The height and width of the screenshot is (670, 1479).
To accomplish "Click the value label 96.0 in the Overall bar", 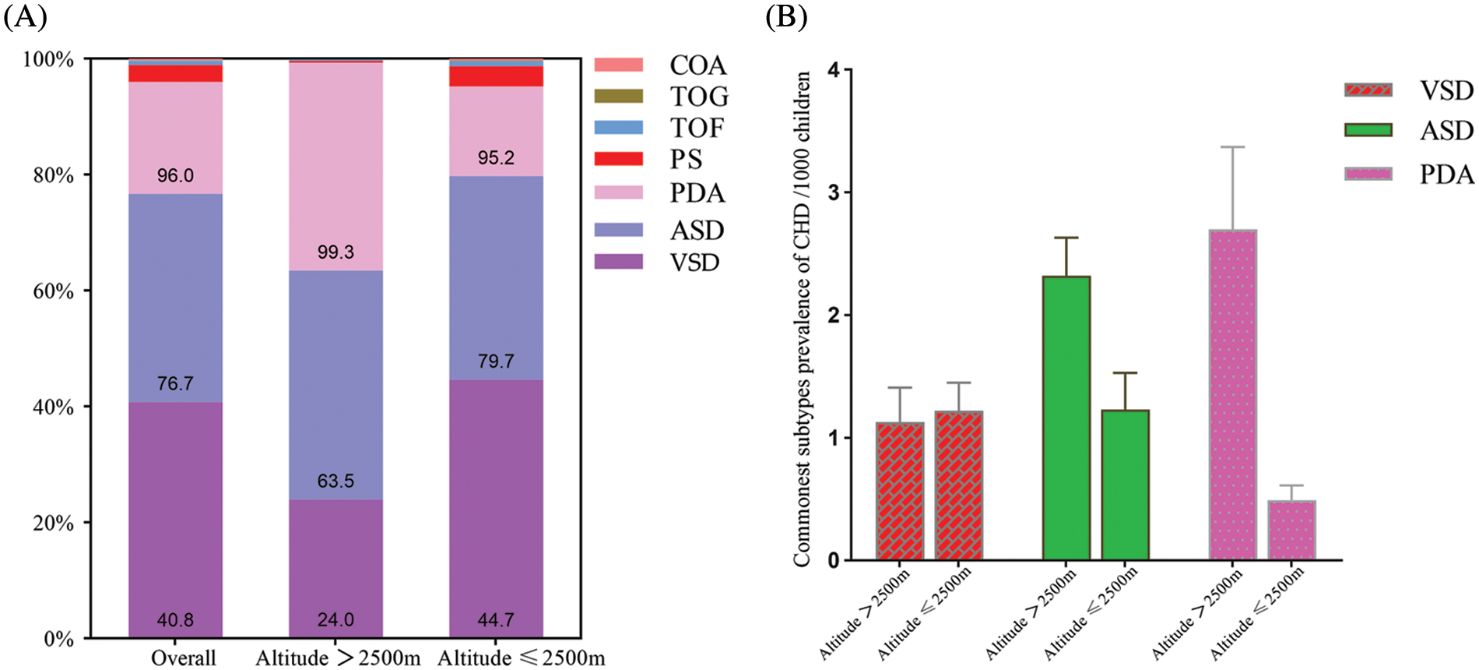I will click(x=175, y=175).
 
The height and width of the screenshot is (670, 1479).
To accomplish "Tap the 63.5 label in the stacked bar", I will click(x=335, y=481).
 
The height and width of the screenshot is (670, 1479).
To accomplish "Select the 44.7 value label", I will click(x=496, y=620).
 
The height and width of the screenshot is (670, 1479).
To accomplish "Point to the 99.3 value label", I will click(x=335, y=252).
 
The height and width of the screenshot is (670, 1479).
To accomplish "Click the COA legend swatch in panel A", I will click(x=619, y=65).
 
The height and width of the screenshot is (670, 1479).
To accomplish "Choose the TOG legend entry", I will click(x=699, y=97).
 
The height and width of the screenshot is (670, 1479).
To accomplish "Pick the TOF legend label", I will click(x=697, y=128).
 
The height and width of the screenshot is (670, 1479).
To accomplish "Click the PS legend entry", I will click(x=686, y=159).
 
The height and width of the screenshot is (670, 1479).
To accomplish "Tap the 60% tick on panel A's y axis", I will click(x=54, y=291).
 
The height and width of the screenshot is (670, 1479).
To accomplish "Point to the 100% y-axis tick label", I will click(x=48, y=59).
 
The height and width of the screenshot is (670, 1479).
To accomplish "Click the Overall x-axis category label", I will click(x=184, y=658).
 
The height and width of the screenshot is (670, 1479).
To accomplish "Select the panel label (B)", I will click(x=786, y=16).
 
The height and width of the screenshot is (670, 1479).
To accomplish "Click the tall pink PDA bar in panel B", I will click(x=1233, y=393).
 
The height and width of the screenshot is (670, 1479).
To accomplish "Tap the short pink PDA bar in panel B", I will click(x=1291, y=531).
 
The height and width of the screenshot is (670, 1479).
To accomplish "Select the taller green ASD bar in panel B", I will click(x=1066, y=418).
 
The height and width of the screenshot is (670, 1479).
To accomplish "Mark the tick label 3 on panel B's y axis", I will click(x=834, y=192).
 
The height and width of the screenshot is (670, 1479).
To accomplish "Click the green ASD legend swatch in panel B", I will click(x=1368, y=130).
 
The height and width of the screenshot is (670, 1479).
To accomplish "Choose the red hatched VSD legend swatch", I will click(x=1368, y=90).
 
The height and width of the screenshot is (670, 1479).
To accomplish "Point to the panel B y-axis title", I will click(x=802, y=319).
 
